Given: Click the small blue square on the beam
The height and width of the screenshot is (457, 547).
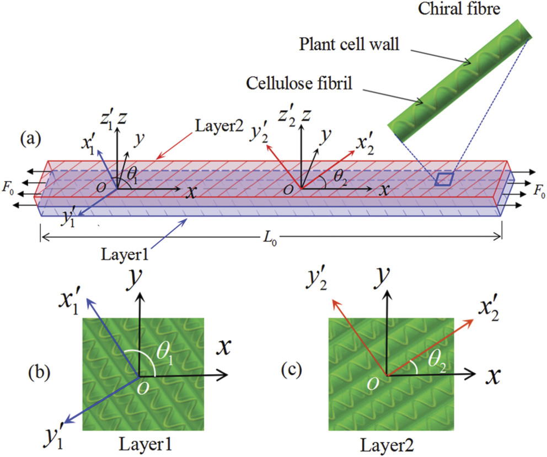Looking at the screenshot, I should coord(444,179).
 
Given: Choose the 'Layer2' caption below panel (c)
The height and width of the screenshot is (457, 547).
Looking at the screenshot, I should coord(390,443).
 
